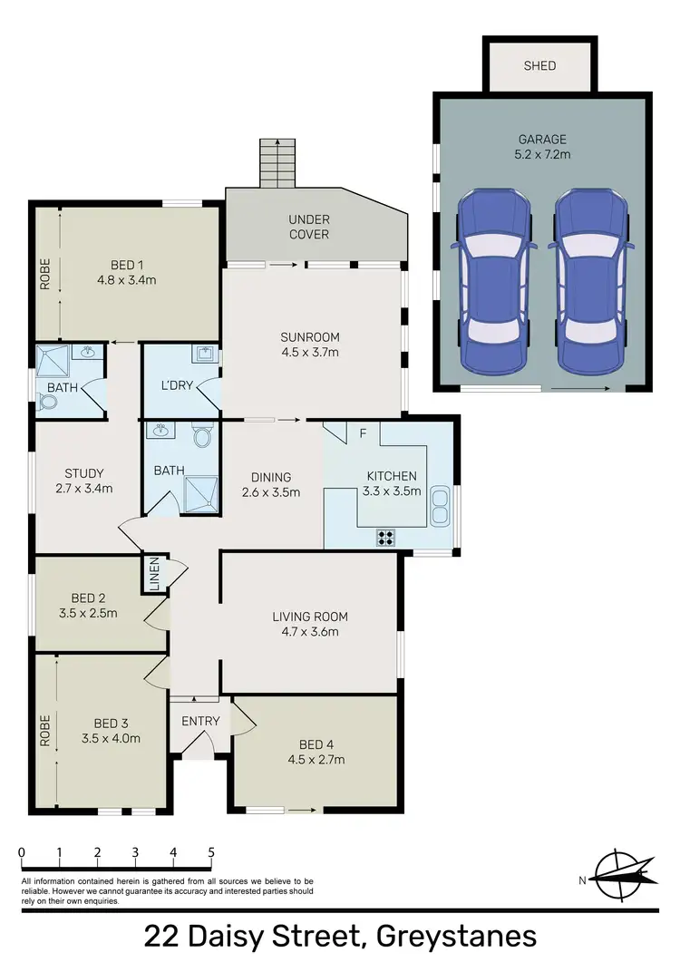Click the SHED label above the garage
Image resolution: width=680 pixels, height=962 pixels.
(540, 65)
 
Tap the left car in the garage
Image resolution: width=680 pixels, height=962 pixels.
(493, 282)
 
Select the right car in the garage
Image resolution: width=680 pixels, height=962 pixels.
(590, 282)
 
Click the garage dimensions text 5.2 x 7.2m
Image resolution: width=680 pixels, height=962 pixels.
(543, 154)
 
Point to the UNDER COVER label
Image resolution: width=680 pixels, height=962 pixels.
(309, 227)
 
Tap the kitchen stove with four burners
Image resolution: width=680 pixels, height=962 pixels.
(386, 537)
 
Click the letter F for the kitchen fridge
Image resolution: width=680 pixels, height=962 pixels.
(363, 433)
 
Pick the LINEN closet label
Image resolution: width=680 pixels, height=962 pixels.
(154, 575)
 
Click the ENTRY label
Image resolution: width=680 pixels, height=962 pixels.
(200, 721)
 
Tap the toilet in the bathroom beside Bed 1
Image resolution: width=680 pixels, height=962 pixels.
(48, 402)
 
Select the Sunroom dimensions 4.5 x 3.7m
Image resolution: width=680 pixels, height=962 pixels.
(310, 353)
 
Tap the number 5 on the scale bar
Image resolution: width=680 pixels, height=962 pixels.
(211, 852)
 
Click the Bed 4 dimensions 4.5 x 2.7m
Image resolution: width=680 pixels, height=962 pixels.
(316, 760)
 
